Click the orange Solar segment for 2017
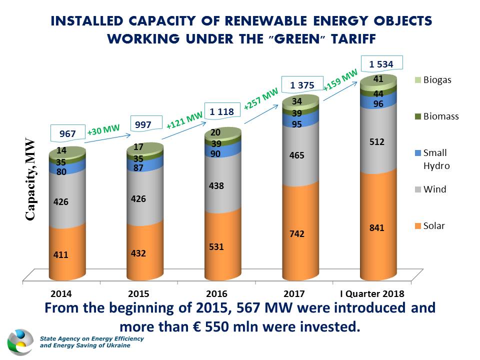pyautogui.click(x=300, y=235)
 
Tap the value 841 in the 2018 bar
pyautogui.click(x=377, y=228)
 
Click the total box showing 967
pyautogui.click(x=67, y=134)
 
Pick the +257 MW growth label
pyautogui.click(x=260, y=99)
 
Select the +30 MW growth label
pyautogui.click(x=103, y=131)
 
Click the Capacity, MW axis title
pyautogui.click(x=30, y=179)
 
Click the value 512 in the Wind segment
pyautogui.click(x=377, y=142)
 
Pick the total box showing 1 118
pyautogui.click(x=221, y=112)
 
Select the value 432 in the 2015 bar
pyautogui.click(x=138, y=253)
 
